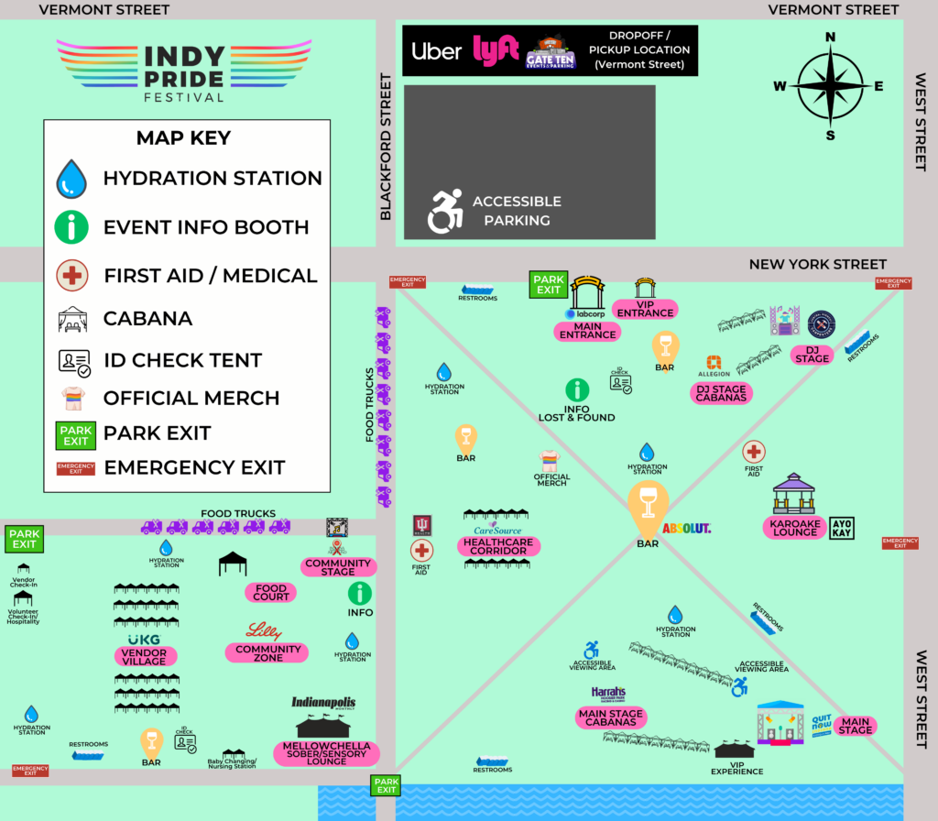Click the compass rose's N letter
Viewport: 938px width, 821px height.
[x=831, y=38]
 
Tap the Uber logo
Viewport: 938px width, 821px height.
[x=436, y=50]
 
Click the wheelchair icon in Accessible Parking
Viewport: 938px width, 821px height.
[x=445, y=211]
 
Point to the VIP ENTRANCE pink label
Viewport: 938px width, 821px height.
[x=645, y=308]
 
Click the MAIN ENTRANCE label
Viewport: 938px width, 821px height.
[x=587, y=330]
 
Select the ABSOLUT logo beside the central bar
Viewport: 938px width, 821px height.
[x=687, y=529]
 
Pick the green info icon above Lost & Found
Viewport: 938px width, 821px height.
[x=577, y=390]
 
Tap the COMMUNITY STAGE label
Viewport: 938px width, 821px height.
[x=338, y=567]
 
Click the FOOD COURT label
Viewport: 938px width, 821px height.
[x=271, y=593]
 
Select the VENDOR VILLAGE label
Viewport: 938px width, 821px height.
[x=145, y=656]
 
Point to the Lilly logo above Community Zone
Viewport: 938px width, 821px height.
[x=264, y=631]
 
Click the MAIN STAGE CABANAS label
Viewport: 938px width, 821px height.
[x=611, y=717]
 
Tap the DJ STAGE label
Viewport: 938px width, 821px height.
[x=813, y=354]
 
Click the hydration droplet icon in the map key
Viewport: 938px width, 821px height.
[x=71, y=179]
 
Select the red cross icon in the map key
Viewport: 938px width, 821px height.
[x=71, y=275]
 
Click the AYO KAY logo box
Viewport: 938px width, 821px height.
[x=841, y=528]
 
